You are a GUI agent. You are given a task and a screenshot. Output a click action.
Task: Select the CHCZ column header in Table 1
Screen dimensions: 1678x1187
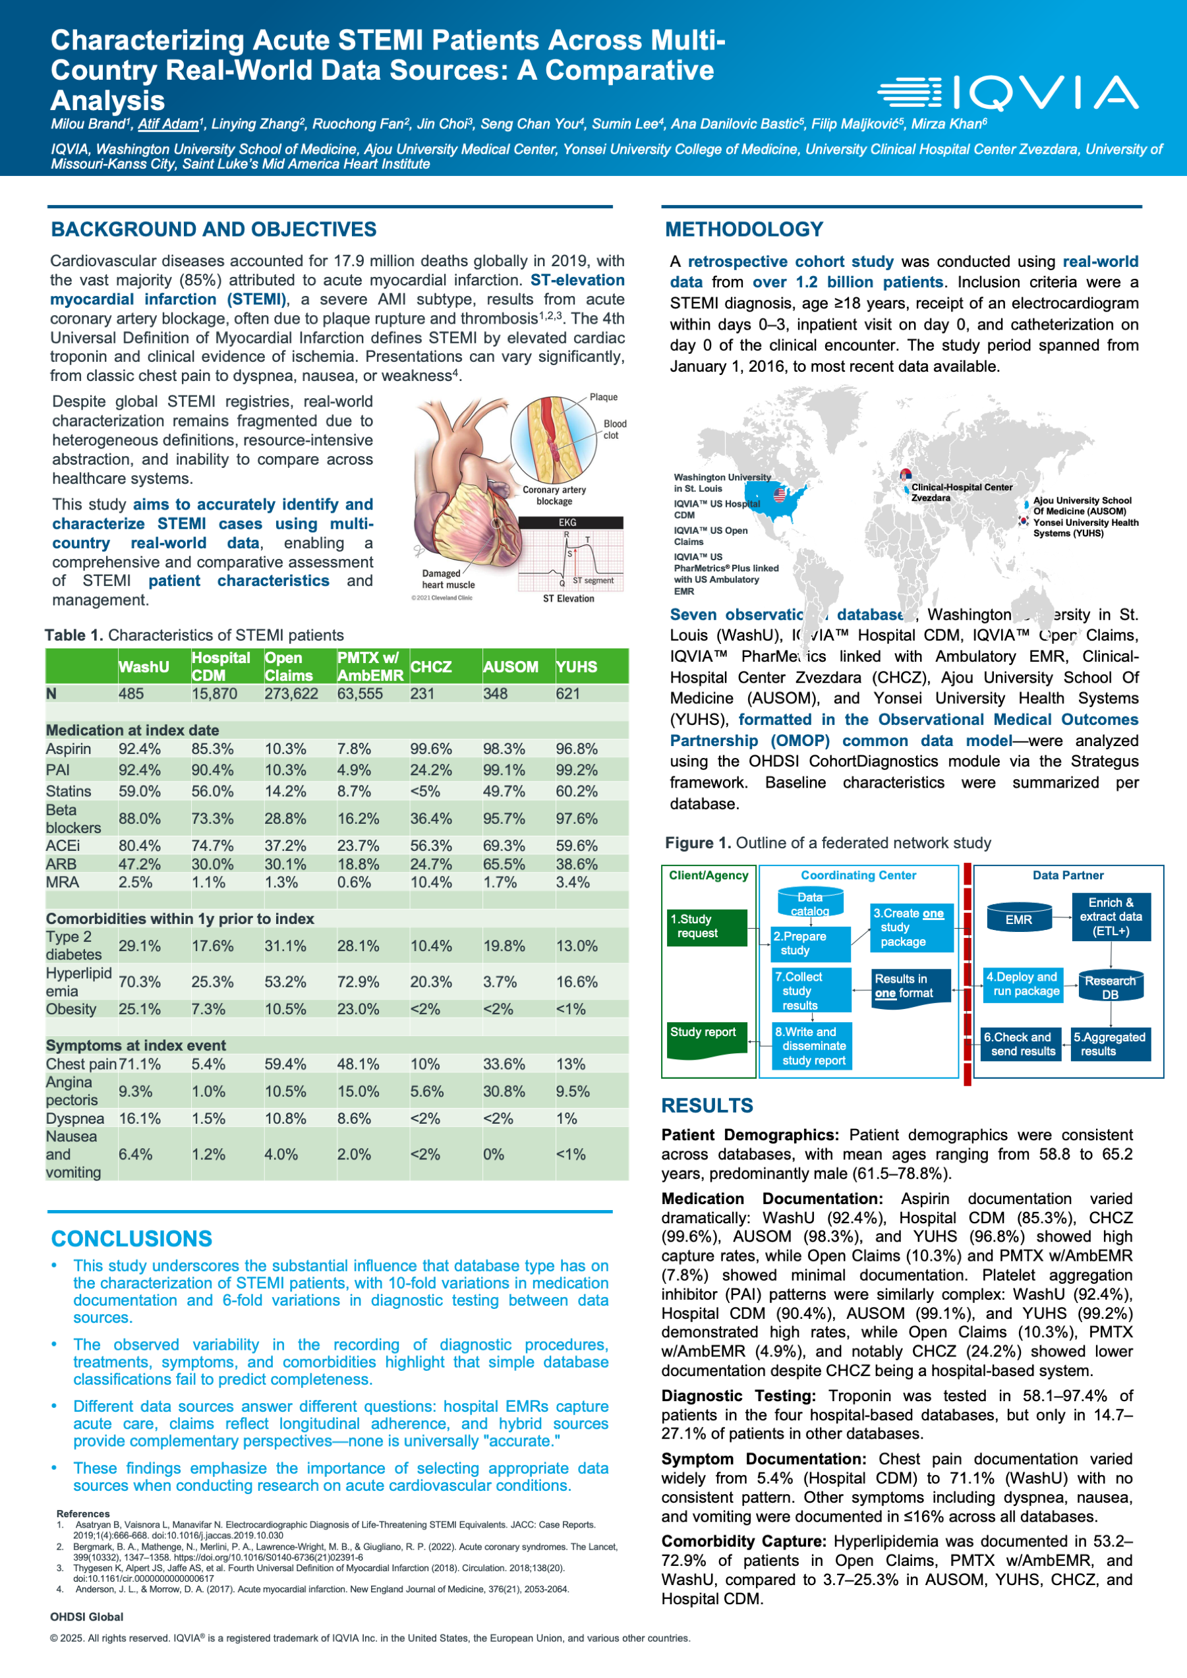pos(430,666)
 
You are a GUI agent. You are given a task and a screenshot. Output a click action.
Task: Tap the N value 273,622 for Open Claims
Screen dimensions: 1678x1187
pos(291,693)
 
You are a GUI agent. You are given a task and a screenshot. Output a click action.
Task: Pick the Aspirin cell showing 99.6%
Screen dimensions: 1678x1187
pos(430,749)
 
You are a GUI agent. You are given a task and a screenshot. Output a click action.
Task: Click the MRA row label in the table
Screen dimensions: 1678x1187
pos(62,882)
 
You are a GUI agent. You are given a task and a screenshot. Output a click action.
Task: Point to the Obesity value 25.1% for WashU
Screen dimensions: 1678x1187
pos(139,1009)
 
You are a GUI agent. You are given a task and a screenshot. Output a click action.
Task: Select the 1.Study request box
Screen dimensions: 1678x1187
pos(706,927)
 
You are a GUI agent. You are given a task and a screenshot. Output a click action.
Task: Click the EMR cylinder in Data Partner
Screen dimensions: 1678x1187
pos(1018,919)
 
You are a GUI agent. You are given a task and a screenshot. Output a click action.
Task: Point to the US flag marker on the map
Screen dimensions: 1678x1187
pos(780,495)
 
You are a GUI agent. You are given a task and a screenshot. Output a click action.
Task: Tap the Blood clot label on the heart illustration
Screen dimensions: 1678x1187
pos(614,430)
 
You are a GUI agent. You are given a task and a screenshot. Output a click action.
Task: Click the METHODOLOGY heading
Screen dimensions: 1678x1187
pos(744,229)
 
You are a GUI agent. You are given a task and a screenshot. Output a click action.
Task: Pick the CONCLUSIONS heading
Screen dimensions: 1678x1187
pos(132,1239)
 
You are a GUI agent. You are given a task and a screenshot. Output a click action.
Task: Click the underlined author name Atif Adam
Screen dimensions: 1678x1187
pos(169,125)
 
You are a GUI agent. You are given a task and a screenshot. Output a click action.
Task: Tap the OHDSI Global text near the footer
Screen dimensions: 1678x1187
pos(87,1617)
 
